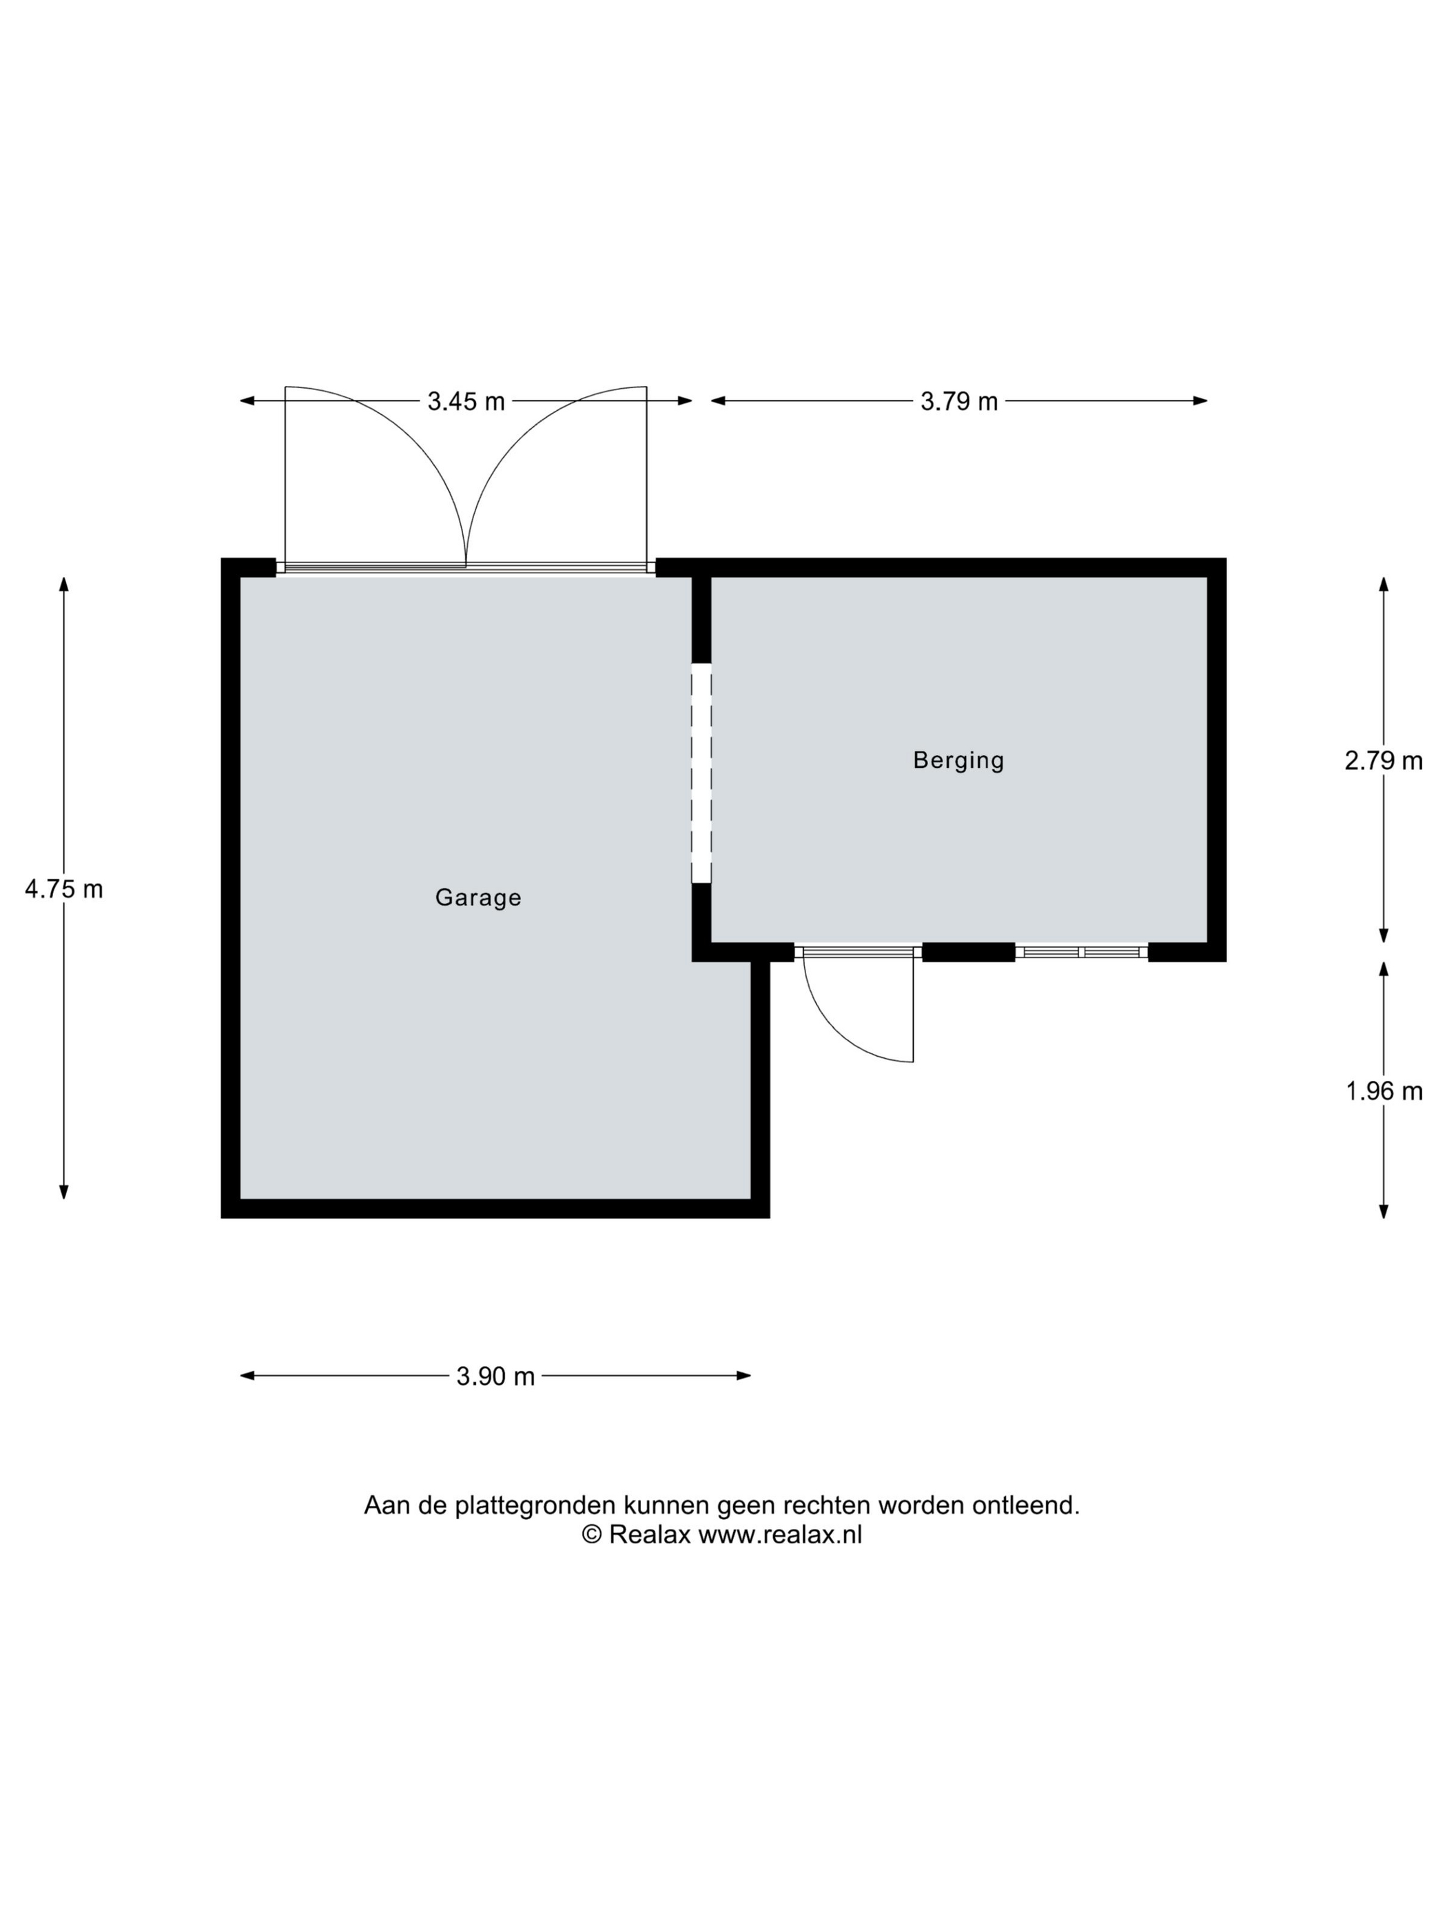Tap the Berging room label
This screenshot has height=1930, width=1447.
[958, 760]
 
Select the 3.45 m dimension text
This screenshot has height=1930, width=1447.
[466, 401]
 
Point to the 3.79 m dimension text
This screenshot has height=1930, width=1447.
[958, 401]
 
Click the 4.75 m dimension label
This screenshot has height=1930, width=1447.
[63, 889]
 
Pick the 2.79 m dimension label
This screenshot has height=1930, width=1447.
[1384, 761]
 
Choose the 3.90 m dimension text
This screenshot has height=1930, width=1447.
[495, 1376]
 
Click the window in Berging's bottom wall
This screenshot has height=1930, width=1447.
[1082, 951]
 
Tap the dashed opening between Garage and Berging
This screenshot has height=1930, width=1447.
[701, 773]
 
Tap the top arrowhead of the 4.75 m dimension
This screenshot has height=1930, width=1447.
[63, 584]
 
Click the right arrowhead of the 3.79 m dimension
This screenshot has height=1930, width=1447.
[1200, 401]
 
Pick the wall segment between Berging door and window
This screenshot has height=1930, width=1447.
[968, 952]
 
